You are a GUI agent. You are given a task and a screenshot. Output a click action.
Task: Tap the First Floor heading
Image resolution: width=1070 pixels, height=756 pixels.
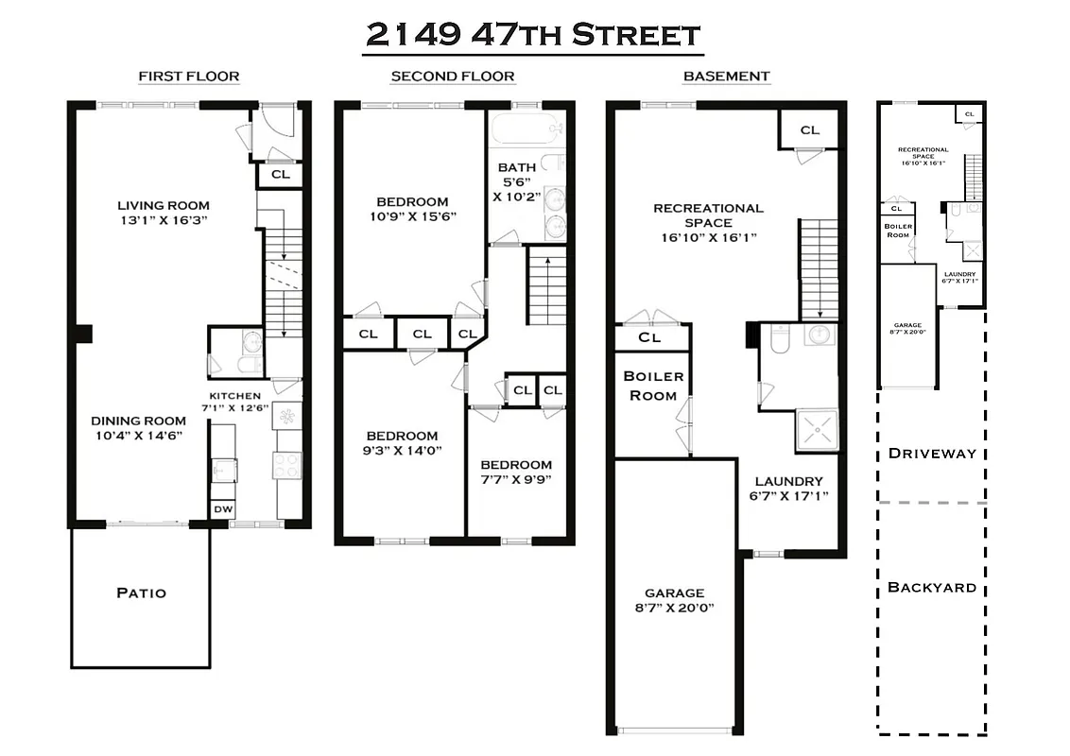coord(188,77)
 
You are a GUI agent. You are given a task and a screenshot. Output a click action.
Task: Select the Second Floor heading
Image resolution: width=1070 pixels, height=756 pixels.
coord(453,77)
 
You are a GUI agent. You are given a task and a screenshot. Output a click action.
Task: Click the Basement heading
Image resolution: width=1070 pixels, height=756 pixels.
coord(726,77)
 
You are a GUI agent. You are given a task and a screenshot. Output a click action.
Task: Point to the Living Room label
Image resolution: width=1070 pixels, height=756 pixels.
coord(164,205)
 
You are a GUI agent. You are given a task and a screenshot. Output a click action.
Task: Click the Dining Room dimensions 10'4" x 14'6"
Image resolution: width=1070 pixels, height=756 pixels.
coord(136,436)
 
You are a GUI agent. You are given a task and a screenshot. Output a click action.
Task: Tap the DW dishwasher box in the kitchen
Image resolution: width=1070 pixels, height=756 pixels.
coord(223,509)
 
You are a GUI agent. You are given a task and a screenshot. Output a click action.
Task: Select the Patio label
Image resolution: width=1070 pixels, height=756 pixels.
coord(141,593)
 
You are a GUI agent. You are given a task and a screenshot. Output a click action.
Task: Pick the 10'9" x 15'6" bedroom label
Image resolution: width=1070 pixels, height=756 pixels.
coord(412,209)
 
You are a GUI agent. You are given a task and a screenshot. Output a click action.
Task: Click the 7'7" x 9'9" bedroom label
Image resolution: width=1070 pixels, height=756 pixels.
coord(516,472)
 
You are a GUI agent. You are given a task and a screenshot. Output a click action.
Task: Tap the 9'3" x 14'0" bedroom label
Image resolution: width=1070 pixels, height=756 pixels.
coord(403,443)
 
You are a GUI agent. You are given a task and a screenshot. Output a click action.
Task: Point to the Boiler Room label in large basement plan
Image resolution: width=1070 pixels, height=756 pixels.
coord(652,386)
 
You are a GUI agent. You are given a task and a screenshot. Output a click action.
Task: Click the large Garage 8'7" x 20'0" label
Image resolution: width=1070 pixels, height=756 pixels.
coord(675,600)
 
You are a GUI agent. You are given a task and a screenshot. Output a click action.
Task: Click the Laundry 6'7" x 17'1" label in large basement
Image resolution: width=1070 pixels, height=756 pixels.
coord(788,488)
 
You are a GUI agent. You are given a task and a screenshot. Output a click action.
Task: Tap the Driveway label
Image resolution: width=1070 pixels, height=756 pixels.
coord(931,454)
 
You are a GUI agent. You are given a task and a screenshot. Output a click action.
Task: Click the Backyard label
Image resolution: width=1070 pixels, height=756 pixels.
coord(931,588)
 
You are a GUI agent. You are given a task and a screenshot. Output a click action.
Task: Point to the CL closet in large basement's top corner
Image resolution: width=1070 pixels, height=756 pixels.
coord(810,130)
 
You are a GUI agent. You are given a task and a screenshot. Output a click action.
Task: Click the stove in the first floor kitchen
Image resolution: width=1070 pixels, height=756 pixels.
coord(287,463)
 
